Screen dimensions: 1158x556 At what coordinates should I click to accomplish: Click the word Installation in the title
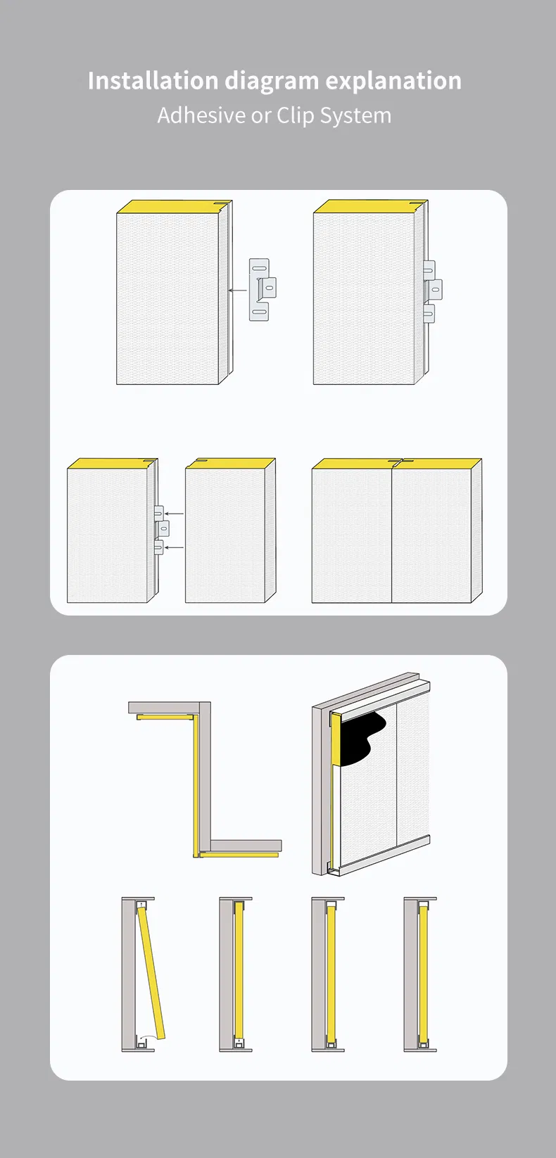(x=153, y=81)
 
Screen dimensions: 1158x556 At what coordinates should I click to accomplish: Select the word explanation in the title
(x=393, y=82)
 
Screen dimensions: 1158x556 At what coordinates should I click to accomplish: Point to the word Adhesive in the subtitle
(x=201, y=115)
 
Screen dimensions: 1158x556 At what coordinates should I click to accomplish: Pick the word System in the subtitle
(x=355, y=115)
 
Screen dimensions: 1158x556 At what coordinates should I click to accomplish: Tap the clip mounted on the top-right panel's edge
(x=431, y=290)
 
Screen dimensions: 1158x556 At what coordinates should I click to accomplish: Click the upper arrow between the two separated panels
(x=174, y=514)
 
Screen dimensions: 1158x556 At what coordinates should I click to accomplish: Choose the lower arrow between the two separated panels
(x=174, y=547)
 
